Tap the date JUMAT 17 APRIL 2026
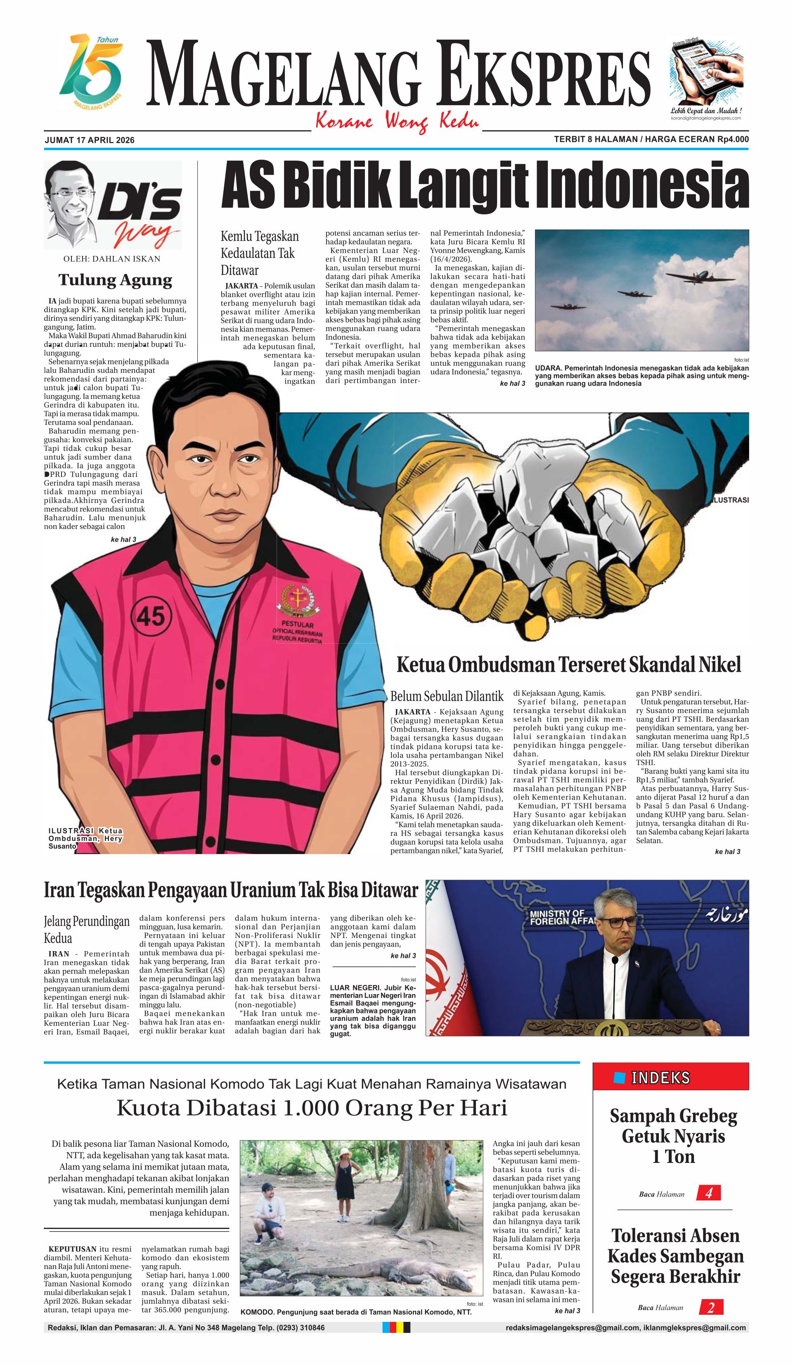pos(90,140)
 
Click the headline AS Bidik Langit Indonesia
pos(485,186)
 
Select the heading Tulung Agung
pos(115,280)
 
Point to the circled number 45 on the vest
pos(151,616)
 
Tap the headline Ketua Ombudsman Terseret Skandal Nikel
pos(568,664)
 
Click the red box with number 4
pos(708,1193)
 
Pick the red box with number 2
pos(710,1307)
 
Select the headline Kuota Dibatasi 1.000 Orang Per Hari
pos(312,1108)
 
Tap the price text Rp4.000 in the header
pos(733,139)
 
